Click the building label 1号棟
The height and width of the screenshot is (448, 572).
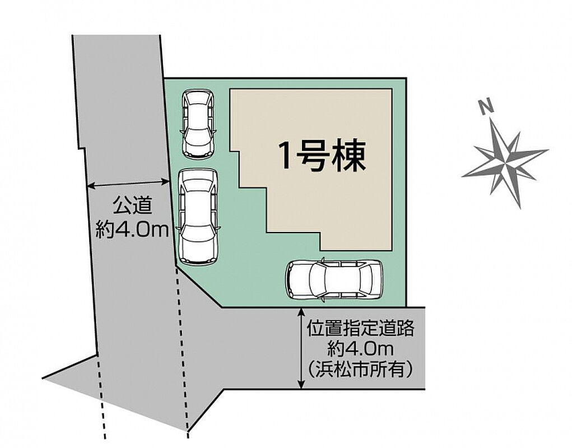click(x=322, y=156)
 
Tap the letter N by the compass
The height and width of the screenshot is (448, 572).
click(x=487, y=108)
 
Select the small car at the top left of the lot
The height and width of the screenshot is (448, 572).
click(x=198, y=124)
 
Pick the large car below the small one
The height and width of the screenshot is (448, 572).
click(x=197, y=217)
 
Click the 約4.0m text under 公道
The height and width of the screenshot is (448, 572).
click(x=132, y=230)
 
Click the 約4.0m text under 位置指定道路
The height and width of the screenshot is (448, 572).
click(x=360, y=349)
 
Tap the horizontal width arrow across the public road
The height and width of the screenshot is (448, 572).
click(x=128, y=184)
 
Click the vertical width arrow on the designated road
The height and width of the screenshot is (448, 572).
click(x=301, y=348)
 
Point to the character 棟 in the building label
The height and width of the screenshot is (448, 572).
click(x=350, y=156)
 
